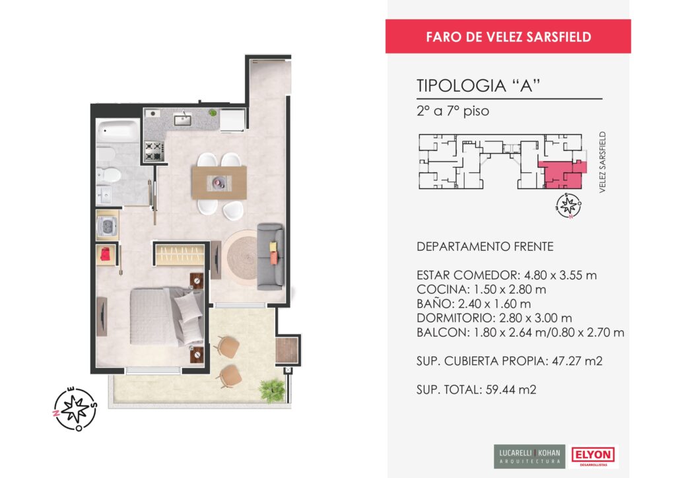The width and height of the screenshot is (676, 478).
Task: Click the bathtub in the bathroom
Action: coord(118,131)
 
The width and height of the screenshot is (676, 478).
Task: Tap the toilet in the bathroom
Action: coord(108,175)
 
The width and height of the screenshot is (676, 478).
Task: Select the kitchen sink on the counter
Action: coord(183,119)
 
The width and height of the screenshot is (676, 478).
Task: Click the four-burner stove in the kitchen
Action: coord(154,151)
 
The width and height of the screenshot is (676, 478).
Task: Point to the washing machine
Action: coord(107,225)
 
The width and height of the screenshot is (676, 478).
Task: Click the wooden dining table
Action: coord(219,183)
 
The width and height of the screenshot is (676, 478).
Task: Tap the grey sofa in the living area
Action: coord(270,256)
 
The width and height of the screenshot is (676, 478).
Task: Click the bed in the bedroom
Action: coord(167,317)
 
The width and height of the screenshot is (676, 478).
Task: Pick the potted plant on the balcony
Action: coord(272,390)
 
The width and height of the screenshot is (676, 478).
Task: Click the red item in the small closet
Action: coord(105,254)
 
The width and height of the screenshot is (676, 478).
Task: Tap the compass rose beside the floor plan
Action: coord(75,409)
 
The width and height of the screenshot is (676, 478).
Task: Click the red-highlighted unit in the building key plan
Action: coord(562,174)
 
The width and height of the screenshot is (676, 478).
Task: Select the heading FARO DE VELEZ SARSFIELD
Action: coord(508,37)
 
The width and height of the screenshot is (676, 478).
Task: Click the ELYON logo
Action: coord(593,456)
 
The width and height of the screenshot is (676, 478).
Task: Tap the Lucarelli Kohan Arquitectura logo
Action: coord(529,456)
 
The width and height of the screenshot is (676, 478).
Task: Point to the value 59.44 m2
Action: coord(511,390)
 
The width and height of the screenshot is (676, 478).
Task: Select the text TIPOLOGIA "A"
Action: coord(479,86)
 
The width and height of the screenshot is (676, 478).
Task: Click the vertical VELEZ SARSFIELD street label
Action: coord(602,162)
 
